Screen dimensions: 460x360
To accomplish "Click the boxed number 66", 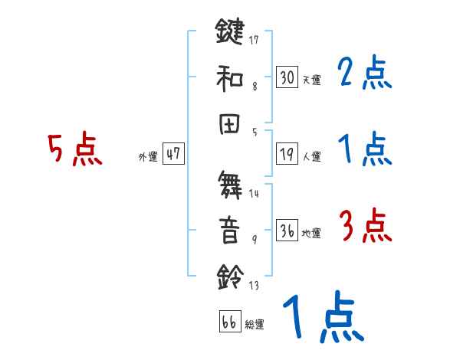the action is (229, 322).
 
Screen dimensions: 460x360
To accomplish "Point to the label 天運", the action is (311, 80).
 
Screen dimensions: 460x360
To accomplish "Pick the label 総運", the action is (255, 324).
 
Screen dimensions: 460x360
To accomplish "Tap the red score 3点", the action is (365, 227).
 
